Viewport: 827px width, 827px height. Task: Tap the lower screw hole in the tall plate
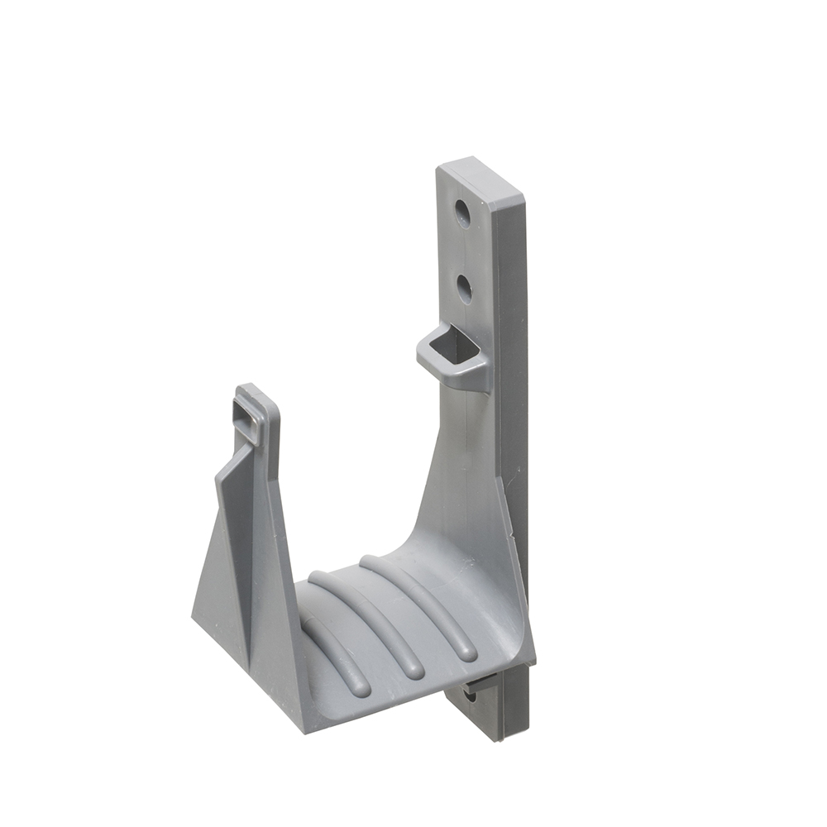pyautogui.click(x=465, y=288)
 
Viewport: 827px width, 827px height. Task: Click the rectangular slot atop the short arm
pyautogui.click(x=248, y=411)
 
